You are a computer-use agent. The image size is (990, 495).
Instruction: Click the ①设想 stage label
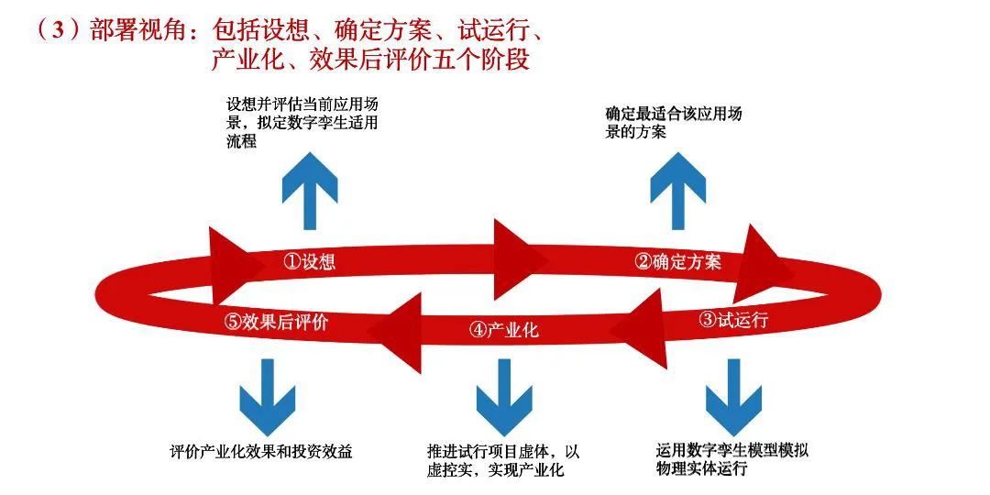309,262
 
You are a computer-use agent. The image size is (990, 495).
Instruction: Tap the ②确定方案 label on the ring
678,262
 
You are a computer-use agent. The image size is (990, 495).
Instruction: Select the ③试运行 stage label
733,320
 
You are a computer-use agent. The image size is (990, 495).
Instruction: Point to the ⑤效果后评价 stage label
276,322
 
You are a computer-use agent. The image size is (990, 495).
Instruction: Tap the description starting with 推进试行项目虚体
503,461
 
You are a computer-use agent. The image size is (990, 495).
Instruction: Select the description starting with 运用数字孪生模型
732,460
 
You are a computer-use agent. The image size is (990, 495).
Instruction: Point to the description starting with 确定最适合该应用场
674,123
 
